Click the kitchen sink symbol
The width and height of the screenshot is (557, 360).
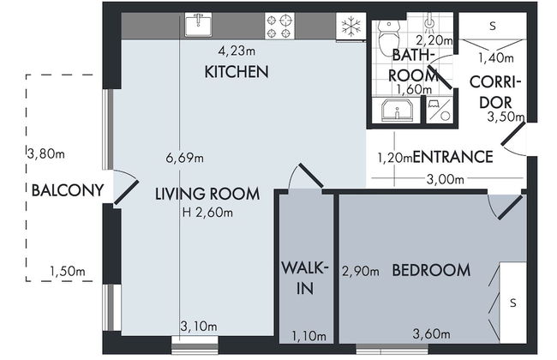pos(198,25)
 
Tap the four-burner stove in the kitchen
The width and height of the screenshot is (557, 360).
pos(279,26)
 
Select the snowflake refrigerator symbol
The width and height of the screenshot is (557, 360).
pos(351,27)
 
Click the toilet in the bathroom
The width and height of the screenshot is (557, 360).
pos(388,38)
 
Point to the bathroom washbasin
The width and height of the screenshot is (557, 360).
pos(397,110)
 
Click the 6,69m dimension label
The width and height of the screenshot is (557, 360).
pos(185,158)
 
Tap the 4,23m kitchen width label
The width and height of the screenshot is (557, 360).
pos(237,51)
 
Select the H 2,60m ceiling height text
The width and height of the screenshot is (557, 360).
pos(208,213)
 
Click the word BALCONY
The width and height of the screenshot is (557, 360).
pos(68,190)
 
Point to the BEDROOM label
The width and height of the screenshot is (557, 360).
pos(431,271)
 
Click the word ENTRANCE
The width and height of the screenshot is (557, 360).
pos(453,157)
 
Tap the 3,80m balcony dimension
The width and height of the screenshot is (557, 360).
pos(46,154)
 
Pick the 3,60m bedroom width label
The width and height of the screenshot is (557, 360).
pos(432,333)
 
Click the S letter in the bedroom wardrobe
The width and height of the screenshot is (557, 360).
pos(512,303)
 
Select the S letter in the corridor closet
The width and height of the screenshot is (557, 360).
pos(493,26)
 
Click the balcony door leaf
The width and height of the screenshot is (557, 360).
pos(126,192)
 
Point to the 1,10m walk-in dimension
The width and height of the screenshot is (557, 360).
pos(308,336)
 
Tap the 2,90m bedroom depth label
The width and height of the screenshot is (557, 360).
pos(360,272)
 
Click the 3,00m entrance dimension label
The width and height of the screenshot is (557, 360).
pos(445,179)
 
